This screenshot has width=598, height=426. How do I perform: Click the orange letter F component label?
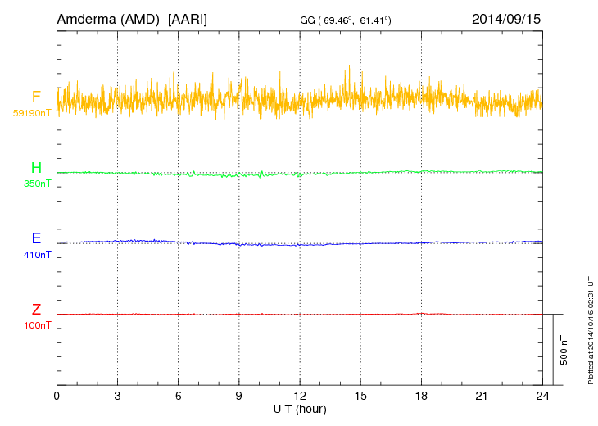[x=36, y=97]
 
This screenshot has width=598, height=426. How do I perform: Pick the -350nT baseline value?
[x=35, y=184]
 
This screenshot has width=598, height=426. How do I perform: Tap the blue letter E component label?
[x=36, y=239]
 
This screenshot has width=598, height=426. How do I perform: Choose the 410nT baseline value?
[x=38, y=255]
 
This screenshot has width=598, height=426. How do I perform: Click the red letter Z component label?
[x=36, y=310]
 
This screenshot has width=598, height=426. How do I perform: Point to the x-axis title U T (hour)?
[x=300, y=408]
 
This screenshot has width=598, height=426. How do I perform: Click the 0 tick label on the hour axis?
[x=57, y=396]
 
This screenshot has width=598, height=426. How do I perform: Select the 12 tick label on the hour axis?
[x=300, y=396]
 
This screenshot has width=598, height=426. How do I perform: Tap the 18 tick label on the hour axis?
[x=421, y=396]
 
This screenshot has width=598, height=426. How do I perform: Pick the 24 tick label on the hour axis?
[x=542, y=396]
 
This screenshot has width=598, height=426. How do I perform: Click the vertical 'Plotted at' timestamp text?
[x=590, y=328]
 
